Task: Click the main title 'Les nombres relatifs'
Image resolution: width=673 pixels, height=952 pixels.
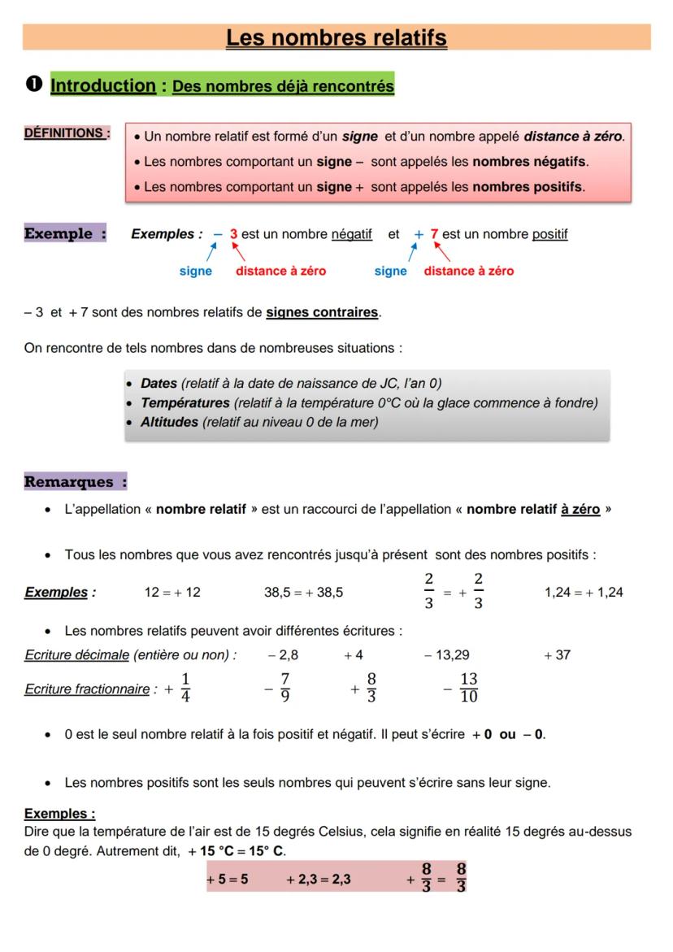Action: pos(336,37)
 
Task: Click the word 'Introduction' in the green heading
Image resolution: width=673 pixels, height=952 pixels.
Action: pos(103,85)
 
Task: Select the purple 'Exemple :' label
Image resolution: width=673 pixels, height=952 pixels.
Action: pos(65,234)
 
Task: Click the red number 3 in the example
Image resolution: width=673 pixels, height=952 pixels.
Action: pos(233,234)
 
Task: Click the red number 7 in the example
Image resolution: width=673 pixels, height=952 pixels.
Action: pos(435,234)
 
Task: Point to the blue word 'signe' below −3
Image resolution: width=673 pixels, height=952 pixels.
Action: pos(195,272)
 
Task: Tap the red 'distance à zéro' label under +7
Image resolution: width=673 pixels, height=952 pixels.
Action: pos(468,272)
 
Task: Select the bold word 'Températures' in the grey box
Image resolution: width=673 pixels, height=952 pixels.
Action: pos(185,402)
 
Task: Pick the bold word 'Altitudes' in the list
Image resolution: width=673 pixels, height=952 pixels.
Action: pos(170,421)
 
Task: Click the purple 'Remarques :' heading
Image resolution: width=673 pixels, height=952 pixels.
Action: pos(76,481)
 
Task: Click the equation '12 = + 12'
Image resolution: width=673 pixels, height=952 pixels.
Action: pos(172,592)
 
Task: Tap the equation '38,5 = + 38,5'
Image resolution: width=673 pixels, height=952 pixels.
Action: pos(303,592)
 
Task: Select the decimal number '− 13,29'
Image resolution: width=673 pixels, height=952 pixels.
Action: pos(446,654)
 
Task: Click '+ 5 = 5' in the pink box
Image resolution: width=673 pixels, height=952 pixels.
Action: pos(228,880)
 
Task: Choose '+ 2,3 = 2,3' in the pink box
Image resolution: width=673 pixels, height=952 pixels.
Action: pos(319,880)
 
